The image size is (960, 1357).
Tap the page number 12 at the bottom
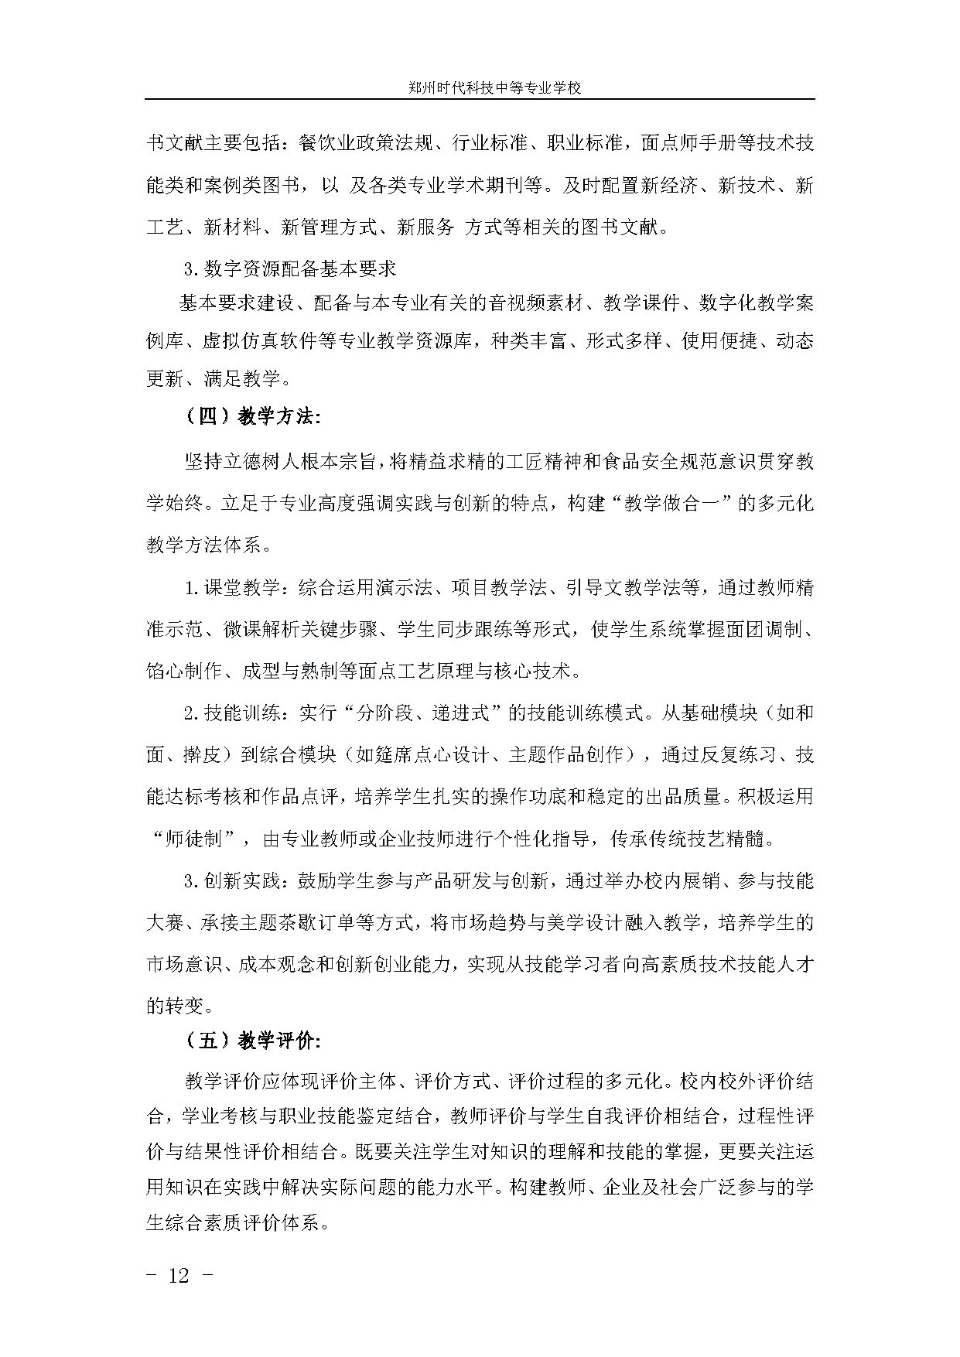coord(179,1275)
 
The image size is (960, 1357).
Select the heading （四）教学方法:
coord(252,417)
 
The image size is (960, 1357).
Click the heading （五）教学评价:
coord(252,1041)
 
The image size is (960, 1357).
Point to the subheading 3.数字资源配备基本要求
coord(290,269)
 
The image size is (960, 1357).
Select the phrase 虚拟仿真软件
coord(259,341)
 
